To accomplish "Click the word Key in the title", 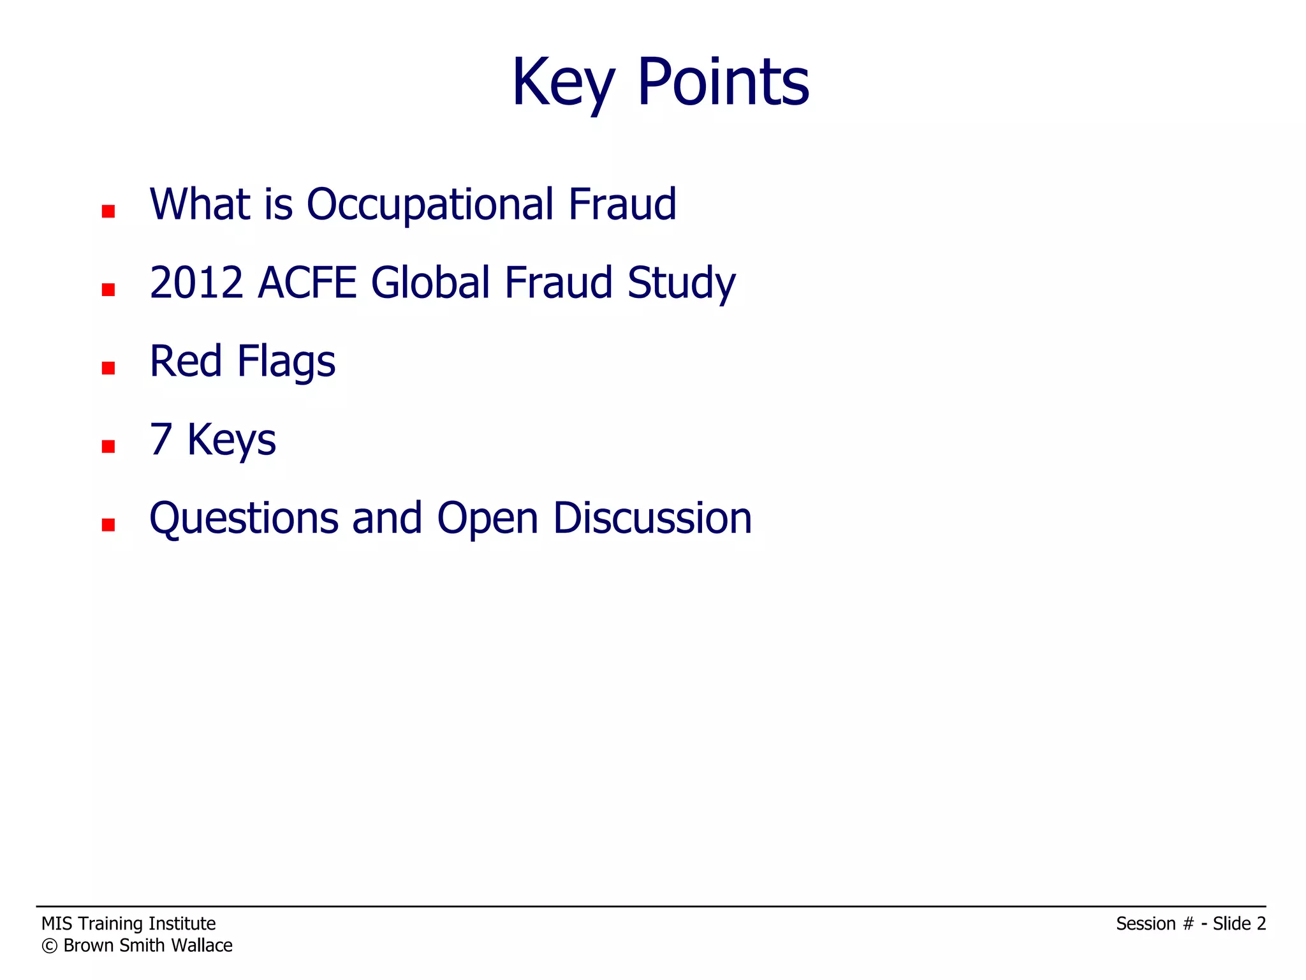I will coord(563,83).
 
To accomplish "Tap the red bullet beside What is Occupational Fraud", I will coord(108,211).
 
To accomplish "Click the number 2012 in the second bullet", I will coord(196,283).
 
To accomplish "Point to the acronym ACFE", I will coord(307,283).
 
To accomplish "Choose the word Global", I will coord(430,283).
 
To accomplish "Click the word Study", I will coord(681,284).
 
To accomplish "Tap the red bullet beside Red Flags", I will coord(108,368).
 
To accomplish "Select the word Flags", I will coord(286,362).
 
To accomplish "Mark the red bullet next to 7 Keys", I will coord(108,447).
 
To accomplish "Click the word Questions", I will coord(244,519).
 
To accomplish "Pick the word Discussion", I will coord(652,517).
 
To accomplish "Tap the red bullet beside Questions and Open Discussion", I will coord(108,525).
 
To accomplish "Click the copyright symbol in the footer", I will coord(49,946).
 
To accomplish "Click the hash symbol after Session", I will coord(1187,924).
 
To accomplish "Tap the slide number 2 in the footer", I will coord(1261,924).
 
